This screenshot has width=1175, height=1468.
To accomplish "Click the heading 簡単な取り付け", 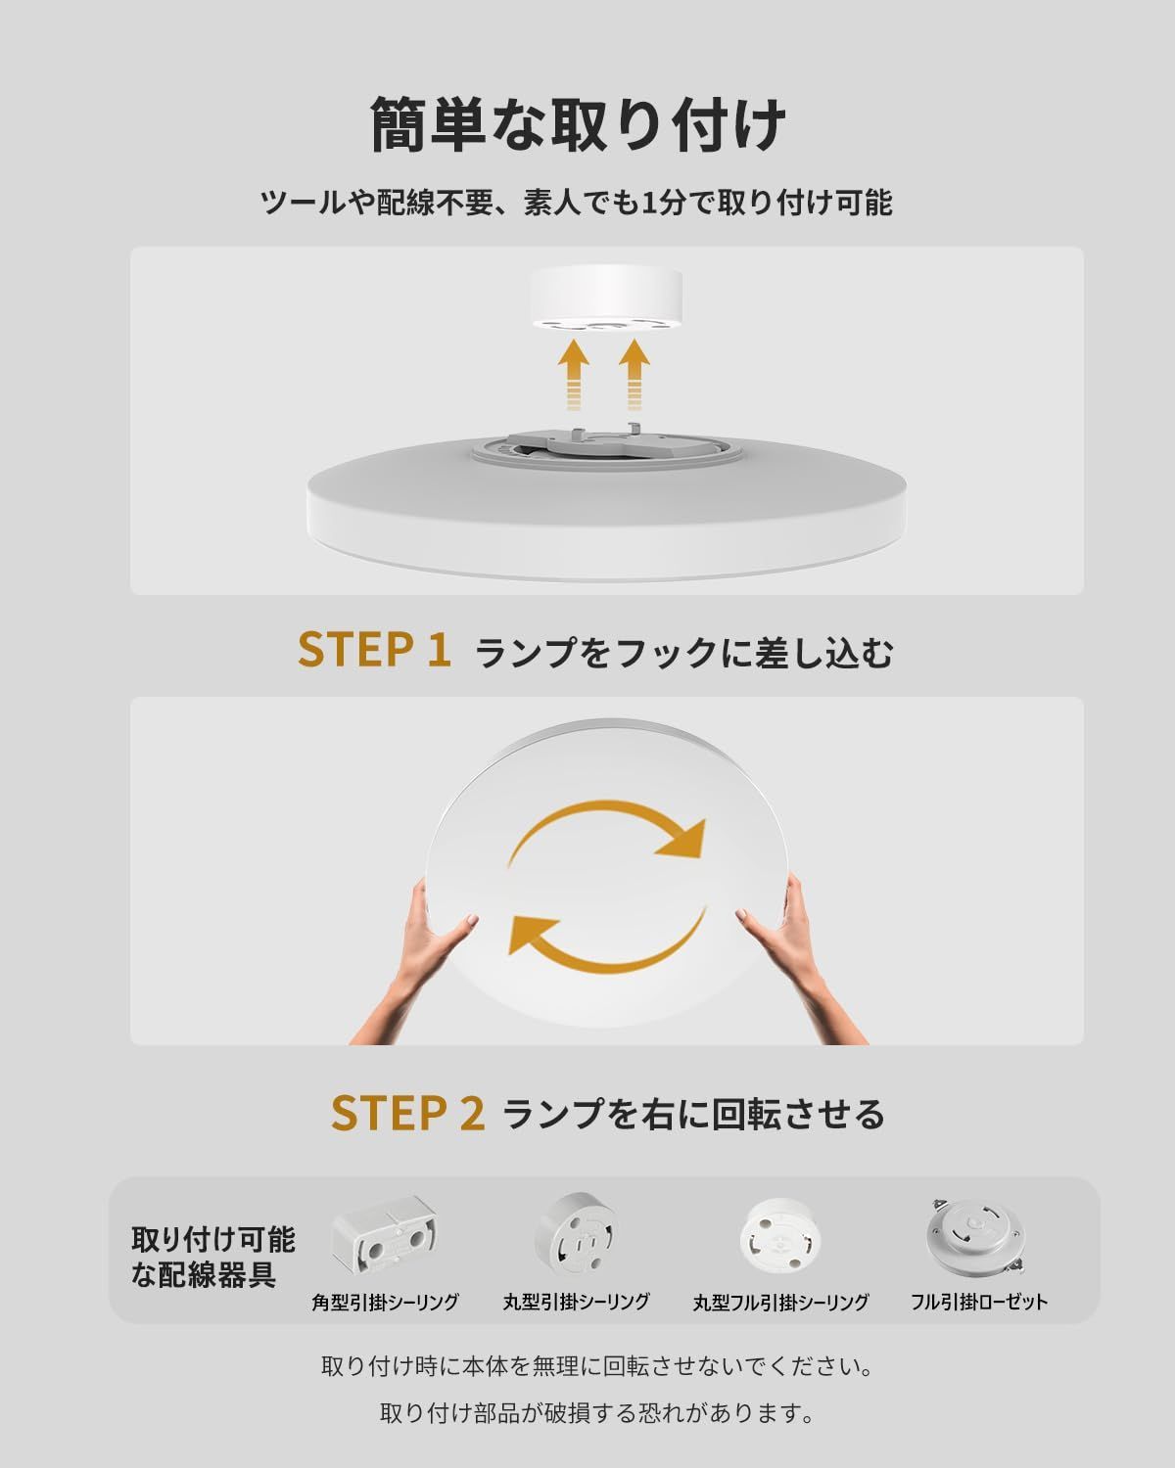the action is click(x=578, y=125).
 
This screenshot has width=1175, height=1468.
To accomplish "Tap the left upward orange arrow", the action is click(x=574, y=375).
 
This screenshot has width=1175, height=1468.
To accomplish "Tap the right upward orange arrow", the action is click(x=634, y=375).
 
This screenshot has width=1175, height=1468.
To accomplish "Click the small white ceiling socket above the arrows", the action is click(x=606, y=300).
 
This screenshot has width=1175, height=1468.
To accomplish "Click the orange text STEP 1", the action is click(x=374, y=649).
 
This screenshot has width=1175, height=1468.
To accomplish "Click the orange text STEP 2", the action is click(x=407, y=1114).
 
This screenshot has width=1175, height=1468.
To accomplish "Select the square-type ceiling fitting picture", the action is click(x=385, y=1237).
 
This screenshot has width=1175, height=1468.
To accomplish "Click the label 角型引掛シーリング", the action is click(x=385, y=1303).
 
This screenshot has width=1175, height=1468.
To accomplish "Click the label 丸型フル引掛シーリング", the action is click(x=781, y=1303).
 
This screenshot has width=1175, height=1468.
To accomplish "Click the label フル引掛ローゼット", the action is click(x=979, y=1303).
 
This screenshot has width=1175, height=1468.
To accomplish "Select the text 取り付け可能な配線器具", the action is click(x=213, y=1257).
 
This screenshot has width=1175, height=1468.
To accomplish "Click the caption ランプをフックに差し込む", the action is click(x=684, y=652).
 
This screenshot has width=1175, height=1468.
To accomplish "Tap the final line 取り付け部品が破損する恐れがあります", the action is click(x=597, y=1413).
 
